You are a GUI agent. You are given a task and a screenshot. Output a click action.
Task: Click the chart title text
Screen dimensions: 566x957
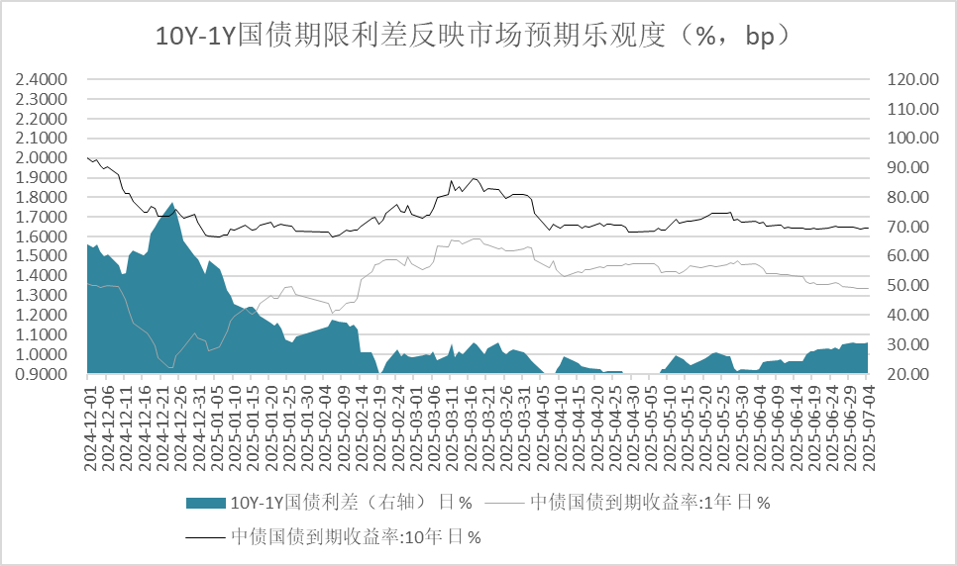pos(478,37)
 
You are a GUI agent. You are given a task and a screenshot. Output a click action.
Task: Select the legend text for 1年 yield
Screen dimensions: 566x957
pos(650,502)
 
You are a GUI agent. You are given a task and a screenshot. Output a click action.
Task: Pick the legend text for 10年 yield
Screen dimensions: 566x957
pos(357,537)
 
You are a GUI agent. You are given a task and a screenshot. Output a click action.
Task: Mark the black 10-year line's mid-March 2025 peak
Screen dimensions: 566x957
pos(475,179)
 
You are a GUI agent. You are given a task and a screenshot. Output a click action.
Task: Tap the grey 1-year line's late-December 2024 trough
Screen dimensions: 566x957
pos(169,367)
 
